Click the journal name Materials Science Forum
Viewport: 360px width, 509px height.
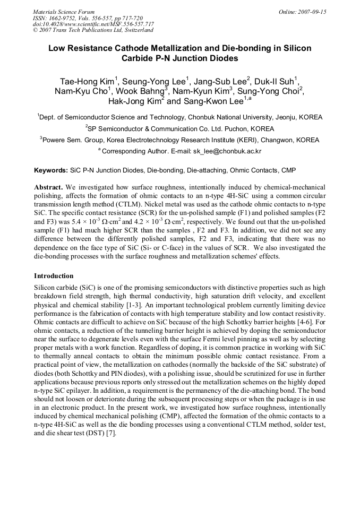[64, 12]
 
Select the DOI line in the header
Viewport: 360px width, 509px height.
[93, 24]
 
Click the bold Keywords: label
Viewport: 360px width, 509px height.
[51, 170]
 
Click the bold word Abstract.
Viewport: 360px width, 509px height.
[49, 187]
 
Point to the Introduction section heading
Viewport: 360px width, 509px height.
[54, 276]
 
